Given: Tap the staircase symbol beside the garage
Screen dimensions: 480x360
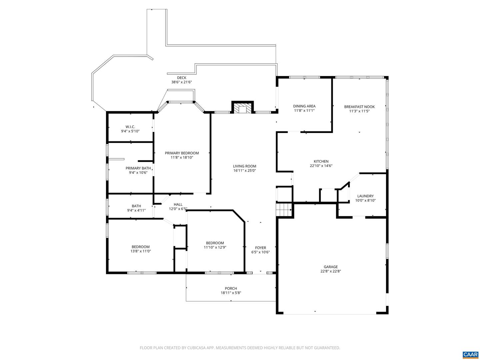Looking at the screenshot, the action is tap(284, 209).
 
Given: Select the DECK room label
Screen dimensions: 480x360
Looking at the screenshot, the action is tap(182, 78).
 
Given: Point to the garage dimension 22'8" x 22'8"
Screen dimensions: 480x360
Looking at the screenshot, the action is tap(330, 271).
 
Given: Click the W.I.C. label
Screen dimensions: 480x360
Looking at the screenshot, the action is tap(130, 127).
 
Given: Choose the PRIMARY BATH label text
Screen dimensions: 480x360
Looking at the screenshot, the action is tap(138, 168).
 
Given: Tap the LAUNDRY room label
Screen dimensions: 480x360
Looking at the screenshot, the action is tap(365, 196).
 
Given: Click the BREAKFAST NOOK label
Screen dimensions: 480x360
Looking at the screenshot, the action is tap(359, 107).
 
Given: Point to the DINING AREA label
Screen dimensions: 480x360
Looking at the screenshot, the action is tap(304, 106).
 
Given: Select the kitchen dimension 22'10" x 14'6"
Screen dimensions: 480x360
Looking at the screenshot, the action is tap(321, 166).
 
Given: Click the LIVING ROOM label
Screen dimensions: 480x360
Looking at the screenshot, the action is tap(244, 166).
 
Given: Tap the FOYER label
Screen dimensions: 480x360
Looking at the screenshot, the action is tap(260, 248).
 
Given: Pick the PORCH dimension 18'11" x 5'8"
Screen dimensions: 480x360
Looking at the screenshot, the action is tap(231, 293).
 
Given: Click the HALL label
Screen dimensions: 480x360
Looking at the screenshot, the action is tap(178, 204).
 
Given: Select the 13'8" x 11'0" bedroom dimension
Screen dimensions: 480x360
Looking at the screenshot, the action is tap(141, 251).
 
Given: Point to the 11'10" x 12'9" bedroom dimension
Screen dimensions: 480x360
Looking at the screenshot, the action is tap(215, 247).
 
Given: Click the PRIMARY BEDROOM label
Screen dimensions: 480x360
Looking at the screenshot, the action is tap(182, 153).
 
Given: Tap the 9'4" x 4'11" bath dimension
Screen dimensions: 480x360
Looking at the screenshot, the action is tap(136, 210).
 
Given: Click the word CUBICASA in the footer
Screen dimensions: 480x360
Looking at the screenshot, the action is tap(196, 348).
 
